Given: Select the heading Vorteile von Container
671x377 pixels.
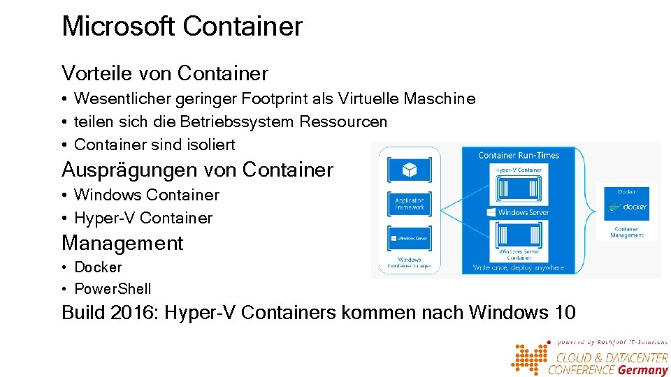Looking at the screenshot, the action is [x=165, y=73].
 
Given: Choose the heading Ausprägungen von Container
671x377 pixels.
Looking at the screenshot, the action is [x=197, y=170].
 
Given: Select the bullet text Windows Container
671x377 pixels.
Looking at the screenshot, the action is [x=146, y=195].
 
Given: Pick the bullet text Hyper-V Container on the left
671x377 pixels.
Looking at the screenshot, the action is [x=143, y=219].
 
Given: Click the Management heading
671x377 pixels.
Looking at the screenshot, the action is [x=122, y=243].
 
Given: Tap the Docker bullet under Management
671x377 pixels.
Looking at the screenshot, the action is [x=98, y=267].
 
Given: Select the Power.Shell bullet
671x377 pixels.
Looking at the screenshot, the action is [x=113, y=289].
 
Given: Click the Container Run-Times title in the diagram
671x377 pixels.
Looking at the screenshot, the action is [x=519, y=155].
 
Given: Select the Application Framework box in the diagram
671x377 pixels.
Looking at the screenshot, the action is [x=410, y=204].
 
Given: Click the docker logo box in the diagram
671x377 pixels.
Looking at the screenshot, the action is [x=626, y=207].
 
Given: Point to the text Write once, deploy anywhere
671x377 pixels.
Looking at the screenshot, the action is [x=519, y=267].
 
